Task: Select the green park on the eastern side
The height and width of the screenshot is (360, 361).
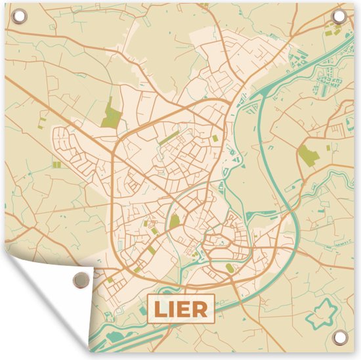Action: point(308,156)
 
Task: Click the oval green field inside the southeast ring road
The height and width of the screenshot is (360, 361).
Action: point(229,267)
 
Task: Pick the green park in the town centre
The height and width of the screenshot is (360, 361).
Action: point(175,222)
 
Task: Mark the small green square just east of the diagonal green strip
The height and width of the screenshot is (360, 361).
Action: point(215,138)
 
